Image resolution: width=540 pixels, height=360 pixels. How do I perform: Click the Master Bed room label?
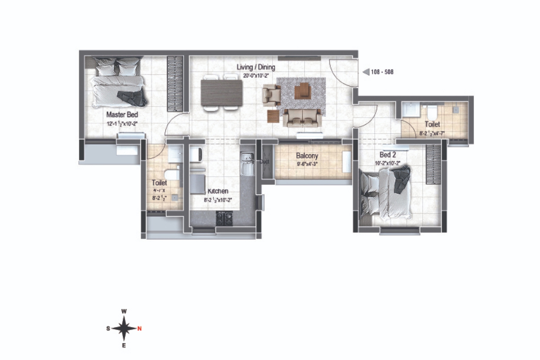(122, 114)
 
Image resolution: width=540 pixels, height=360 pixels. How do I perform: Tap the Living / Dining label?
(256, 67)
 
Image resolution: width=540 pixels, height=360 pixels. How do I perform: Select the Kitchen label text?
(218, 191)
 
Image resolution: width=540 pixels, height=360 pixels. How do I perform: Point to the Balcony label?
(307, 156)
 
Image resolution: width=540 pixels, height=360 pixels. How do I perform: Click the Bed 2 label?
(388, 155)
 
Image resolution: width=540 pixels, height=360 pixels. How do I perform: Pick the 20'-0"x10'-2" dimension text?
(256, 76)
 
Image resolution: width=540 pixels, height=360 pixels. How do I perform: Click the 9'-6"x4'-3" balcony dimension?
(307, 164)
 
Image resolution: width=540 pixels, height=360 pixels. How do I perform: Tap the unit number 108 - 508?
(382, 72)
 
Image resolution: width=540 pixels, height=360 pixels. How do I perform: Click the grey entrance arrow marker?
(366, 72)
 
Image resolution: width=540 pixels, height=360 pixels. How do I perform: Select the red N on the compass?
(140, 328)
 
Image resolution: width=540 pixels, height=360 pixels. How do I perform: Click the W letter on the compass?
(124, 311)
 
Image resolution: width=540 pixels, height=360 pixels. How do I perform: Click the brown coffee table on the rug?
(302, 91)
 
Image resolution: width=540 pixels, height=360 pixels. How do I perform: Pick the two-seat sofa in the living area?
(302, 117)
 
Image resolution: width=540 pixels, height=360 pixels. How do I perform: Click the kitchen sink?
(247, 164)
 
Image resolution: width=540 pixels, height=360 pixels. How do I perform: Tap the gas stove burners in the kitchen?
(224, 219)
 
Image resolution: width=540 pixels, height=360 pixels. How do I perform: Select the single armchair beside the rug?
(271, 95)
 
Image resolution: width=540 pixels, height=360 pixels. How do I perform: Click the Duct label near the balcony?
(264, 162)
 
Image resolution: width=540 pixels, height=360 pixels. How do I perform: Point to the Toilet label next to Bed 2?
(432, 124)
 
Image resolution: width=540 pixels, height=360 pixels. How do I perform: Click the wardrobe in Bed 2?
(433, 164)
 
